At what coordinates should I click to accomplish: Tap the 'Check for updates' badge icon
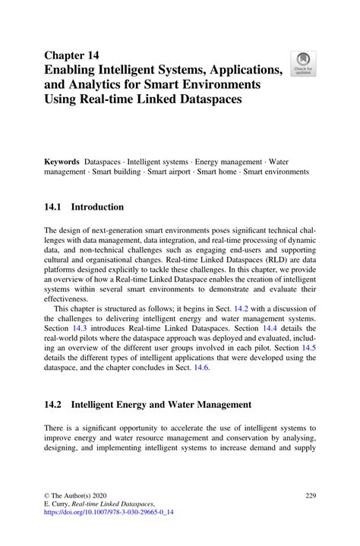tap(304, 64)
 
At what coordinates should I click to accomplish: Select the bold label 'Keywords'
tap(62, 162)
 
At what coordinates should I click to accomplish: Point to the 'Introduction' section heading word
tap(97, 207)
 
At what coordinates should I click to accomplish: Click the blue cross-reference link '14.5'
tap(309, 348)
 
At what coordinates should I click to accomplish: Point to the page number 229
tap(309, 494)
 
